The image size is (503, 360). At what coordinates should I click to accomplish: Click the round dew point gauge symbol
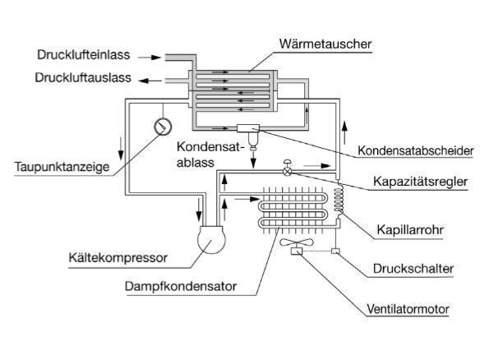click(x=162, y=127)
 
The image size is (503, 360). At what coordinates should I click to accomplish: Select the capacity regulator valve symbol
click(x=287, y=170)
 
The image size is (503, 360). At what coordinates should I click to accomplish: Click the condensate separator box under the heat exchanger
click(x=247, y=129)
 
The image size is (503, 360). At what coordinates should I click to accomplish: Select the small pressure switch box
click(x=337, y=250)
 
